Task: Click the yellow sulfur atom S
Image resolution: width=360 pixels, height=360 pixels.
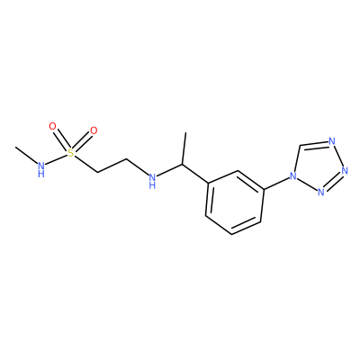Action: click(x=70, y=153)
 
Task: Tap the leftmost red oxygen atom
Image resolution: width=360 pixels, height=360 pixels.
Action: click(x=52, y=126)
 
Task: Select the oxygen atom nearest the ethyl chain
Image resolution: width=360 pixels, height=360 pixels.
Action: click(x=94, y=130)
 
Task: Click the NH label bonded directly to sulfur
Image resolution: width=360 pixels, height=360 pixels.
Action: click(x=41, y=169)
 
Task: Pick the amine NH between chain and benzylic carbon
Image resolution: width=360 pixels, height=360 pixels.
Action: click(x=152, y=181)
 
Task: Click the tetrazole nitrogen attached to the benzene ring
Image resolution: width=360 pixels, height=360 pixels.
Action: click(x=292, y=176)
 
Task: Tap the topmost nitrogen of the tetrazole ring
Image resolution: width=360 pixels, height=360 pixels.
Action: click(x=331, y=140)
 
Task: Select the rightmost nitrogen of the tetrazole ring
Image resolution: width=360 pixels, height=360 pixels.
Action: click(x=345, y=171)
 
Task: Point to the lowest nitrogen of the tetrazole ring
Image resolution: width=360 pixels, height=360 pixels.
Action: click(x=320, y=192)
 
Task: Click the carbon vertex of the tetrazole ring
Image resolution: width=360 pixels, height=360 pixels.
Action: click(x=300, y=146)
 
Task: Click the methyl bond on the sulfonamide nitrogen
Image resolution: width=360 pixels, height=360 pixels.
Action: click(x=26, y=156)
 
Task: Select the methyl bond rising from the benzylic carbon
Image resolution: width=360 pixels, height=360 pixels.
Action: click(x=184, y=148)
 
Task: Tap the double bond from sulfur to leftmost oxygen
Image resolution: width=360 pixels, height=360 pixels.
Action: click(x=61, y=139)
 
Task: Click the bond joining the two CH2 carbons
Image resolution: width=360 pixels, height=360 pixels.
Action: click(x=112, y=166)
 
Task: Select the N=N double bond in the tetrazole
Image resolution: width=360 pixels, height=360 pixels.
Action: click(x=333, y=181)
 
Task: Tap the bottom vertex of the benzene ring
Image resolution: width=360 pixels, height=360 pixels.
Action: click(x=231, y=234)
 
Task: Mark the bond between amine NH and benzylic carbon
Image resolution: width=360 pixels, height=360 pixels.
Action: click(x=169, y=171)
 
